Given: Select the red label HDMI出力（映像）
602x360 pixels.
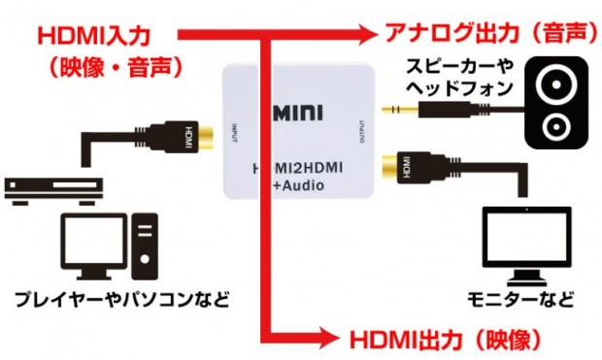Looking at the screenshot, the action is point(442,339).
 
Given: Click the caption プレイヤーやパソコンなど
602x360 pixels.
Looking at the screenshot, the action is point(121,298).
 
